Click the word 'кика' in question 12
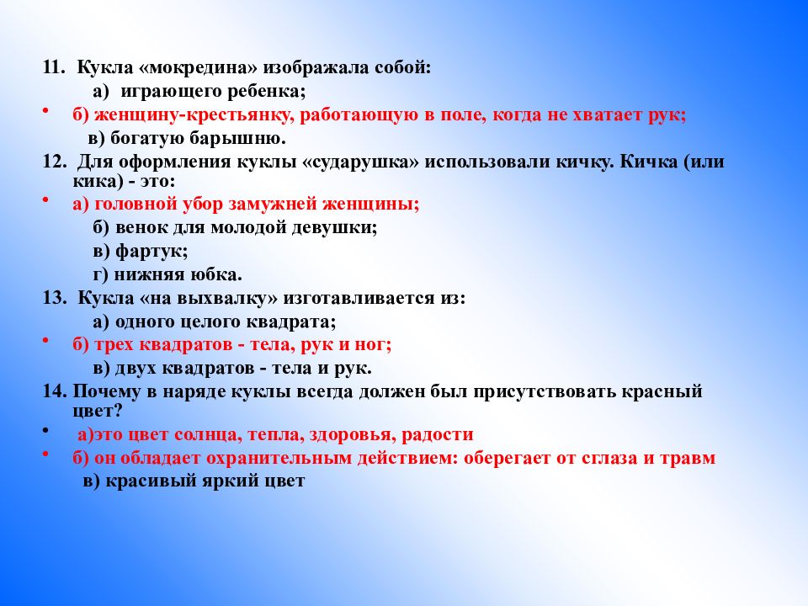(x=92, y=181)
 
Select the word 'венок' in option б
(x=136, y=227)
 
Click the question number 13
(x=55, y=297)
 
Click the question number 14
(x=55, y=391)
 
